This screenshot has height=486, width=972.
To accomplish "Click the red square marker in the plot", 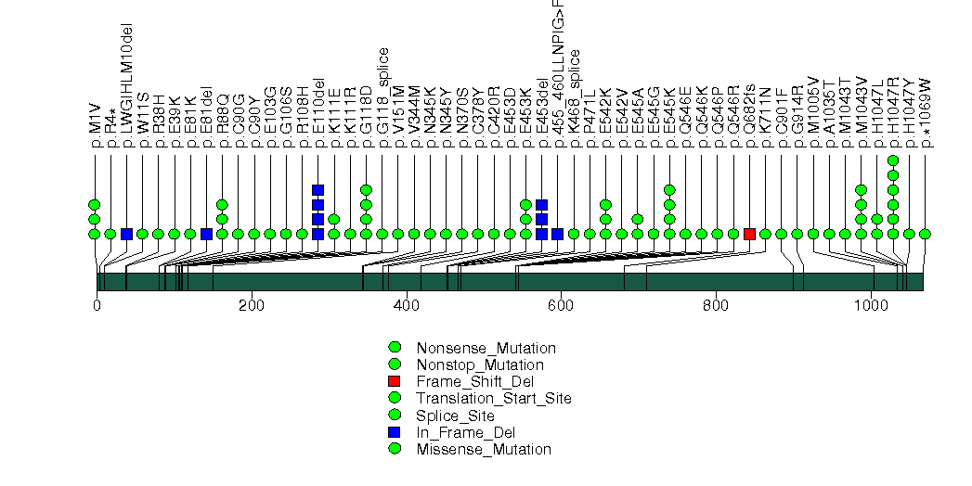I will pos(749,234).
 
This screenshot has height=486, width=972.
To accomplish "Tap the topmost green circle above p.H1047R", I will pos(893,160).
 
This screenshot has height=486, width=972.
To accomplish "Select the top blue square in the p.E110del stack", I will pos(318,190).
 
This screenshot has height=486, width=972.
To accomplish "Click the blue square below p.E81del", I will pos(206,234).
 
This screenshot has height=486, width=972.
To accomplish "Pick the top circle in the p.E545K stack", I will pos(669,190).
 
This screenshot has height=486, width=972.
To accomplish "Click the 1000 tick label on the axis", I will pos(871,304).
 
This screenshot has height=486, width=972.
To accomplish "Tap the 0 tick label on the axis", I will pos(97,304).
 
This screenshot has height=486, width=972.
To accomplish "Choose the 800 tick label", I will pos(716,304).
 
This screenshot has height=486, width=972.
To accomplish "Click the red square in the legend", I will pos(395,381).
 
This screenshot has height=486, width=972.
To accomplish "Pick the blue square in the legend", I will pos(395,432).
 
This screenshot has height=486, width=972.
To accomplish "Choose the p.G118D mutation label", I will pos(366,119).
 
